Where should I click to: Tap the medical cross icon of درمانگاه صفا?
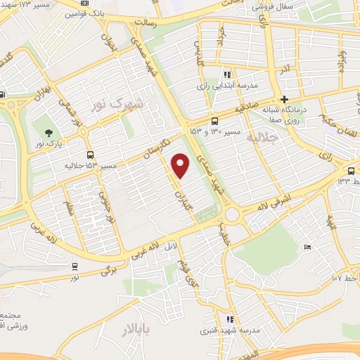284,98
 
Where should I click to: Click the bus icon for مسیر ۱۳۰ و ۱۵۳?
214,120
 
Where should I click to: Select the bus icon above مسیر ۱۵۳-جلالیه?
89,155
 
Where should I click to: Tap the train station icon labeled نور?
75,266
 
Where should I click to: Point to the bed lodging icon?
308,247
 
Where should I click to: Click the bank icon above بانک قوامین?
84,4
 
